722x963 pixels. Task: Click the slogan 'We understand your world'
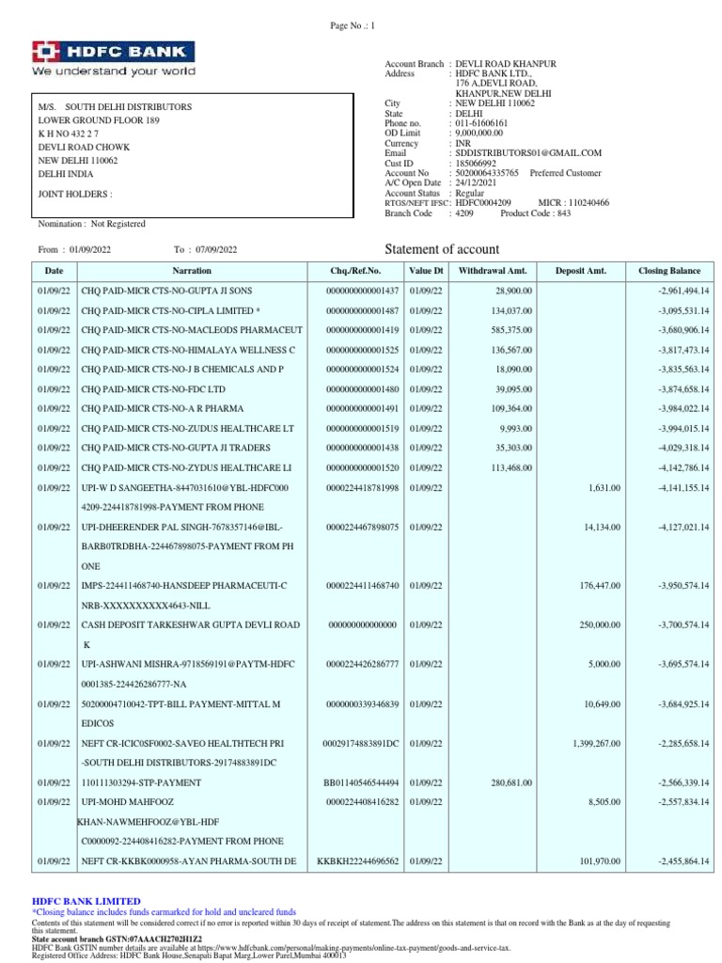[x=114, y=71]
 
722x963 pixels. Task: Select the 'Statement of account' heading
[x=443, y=249]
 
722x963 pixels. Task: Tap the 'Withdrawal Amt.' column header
[x=487, y=271]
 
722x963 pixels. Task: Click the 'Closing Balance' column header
[x=669, y=271]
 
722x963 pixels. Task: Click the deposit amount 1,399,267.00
[x=596, y=743]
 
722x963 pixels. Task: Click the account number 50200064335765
[x=488, y=173]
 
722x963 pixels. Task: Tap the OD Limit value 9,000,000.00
[x=483, y=133]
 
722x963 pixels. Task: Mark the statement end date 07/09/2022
[x=217, y=249]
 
